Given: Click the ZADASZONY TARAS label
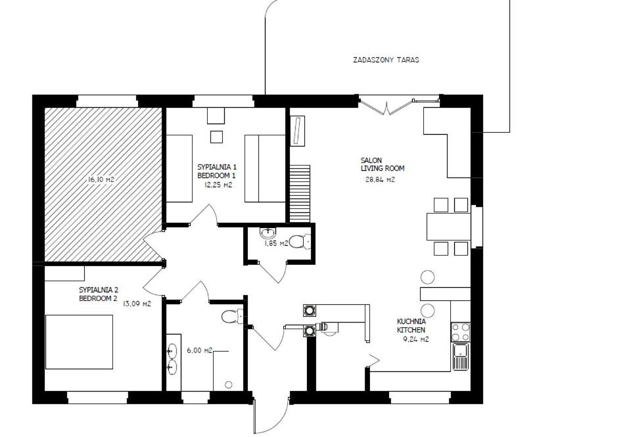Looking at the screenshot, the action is [x=386, y=60].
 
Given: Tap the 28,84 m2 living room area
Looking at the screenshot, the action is [x=380, y=180].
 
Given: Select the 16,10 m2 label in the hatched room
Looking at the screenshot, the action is [x=101, y=179].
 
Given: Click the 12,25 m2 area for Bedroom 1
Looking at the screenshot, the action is [x=218, y=185].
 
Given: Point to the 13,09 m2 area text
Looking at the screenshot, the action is [x=137, y=304].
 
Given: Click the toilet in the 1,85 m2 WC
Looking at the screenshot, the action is [x=300, y=241].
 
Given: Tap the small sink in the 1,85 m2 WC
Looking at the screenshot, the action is [x=268, y=233].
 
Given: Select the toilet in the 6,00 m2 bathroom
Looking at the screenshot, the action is [x=232, y=316].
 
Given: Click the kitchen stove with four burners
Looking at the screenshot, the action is [x=461, y=332].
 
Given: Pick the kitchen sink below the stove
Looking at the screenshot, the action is [x=461, y=357].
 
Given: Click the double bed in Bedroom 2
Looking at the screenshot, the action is [x=79, y=342].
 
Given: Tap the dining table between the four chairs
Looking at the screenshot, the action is [x=449, y=227].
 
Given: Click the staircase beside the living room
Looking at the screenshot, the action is [x=300, y=193].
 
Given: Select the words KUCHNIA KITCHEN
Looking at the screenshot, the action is [x=411, y=325].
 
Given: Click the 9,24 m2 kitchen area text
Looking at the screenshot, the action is [x=415, y=339].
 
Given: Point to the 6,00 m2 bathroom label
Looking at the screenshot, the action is [x=200, y=350].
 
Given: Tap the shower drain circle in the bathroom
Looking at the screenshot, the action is [x=229, y=384].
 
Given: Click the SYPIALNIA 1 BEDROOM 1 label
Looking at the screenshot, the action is [x=216, y=171].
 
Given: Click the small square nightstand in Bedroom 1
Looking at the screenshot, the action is [x=216, y=137].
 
